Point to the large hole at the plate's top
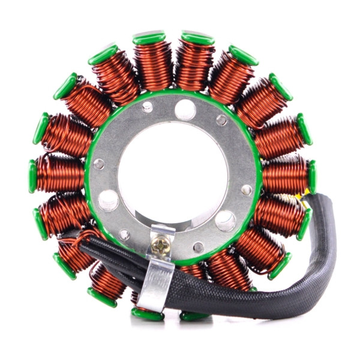[184, 110]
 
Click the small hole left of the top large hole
[147, 108]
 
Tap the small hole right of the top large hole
[221, 121]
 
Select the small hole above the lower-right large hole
[246, 190]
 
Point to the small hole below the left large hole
[124, 234]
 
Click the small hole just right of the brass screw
[198, 247]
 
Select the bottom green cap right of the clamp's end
[193, 315]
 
